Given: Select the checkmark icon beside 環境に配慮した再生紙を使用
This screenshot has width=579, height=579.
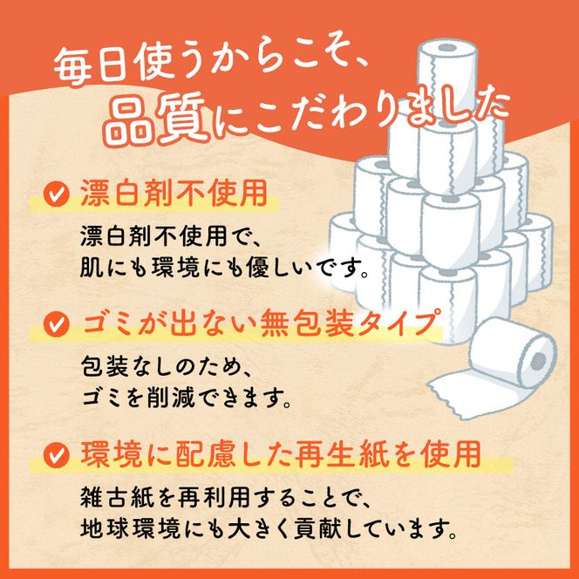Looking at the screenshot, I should tap(57, 454).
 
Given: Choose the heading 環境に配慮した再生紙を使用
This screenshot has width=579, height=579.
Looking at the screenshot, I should tap(279, 453).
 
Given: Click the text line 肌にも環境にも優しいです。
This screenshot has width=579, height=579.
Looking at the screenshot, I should tap(228, 264).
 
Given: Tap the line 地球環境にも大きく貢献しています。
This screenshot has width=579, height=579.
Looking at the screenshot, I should tap(266, 528).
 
